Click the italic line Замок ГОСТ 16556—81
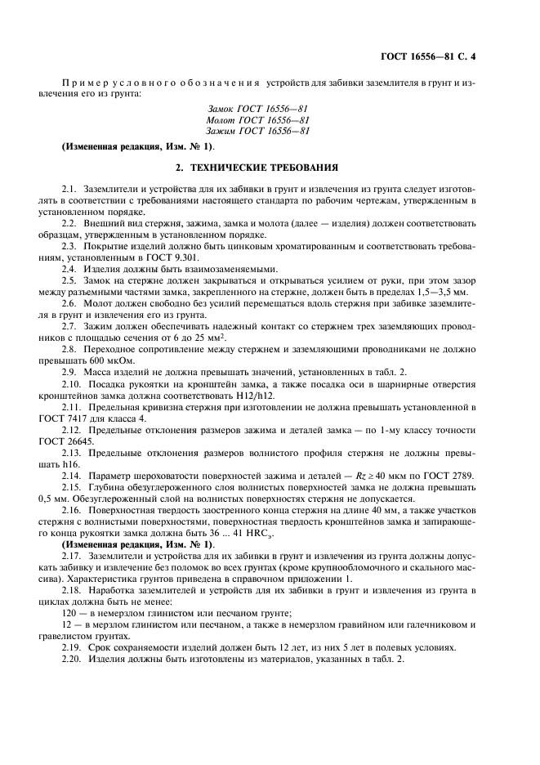[258, 108]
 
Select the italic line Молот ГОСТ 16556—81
[258, 119]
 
